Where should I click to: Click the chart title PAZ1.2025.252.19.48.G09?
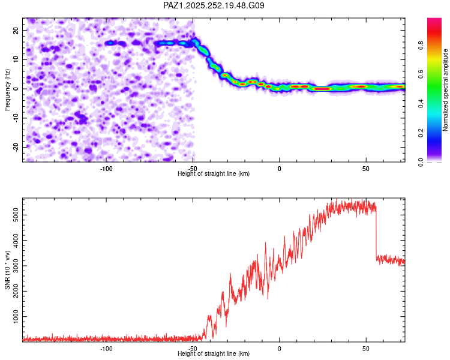coord(214,5)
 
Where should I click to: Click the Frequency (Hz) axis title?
coord(8,90)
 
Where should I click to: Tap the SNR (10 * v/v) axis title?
coord(8,270)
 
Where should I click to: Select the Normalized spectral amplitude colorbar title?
coord(446,90)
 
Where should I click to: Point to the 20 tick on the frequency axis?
coord(16,30)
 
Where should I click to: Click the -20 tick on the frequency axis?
coord(15,147)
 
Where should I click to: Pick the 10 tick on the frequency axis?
coord(16,59)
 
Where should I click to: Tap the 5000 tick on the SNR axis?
coord(12,214)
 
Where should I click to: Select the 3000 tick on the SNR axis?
coord(12,265)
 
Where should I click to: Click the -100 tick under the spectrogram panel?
coord(106,168)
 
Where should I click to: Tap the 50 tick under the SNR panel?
coord(366,348)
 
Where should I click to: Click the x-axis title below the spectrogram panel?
coord(214,173)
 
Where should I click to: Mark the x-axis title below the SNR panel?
coord(214,353)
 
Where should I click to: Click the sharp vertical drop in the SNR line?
coord(376,234)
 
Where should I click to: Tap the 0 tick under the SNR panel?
coord(280,348)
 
